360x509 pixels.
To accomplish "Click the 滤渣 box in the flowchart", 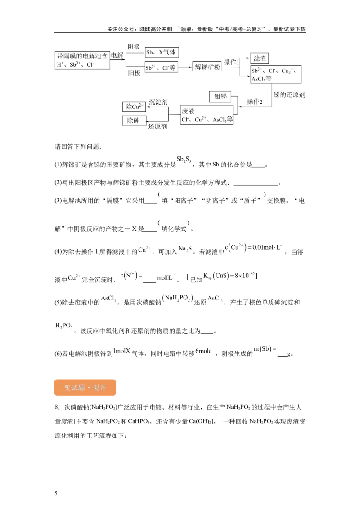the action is tap(259, 58).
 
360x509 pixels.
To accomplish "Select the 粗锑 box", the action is tap(220, 96).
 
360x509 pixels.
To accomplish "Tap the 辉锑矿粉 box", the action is tap(207, 67).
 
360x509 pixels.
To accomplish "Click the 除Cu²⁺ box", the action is tap(134, 107).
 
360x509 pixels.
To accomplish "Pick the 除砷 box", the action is tap(134, 121).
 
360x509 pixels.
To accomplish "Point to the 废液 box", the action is tap(207, 115).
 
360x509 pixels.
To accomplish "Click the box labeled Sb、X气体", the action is tap(162, 52).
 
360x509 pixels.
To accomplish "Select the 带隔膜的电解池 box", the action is tap(82, 60).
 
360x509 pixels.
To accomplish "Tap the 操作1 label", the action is tap(231, 62).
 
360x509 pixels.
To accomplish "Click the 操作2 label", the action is tap(254, 102).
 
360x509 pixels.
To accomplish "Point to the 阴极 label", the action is tap(134, 47).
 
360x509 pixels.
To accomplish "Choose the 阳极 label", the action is tap(134, 73).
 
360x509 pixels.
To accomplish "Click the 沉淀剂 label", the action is tap(158, 102).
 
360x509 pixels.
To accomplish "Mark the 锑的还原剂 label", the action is tap(289, 94).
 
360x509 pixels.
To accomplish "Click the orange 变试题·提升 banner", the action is tap(85, 388).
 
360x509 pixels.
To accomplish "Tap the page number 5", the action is tap(56, 493).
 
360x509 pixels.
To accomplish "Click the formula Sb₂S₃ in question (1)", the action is tap(184, 159).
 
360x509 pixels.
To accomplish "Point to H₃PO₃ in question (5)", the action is tap(64, 326).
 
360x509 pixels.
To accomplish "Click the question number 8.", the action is tap(57, 407).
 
